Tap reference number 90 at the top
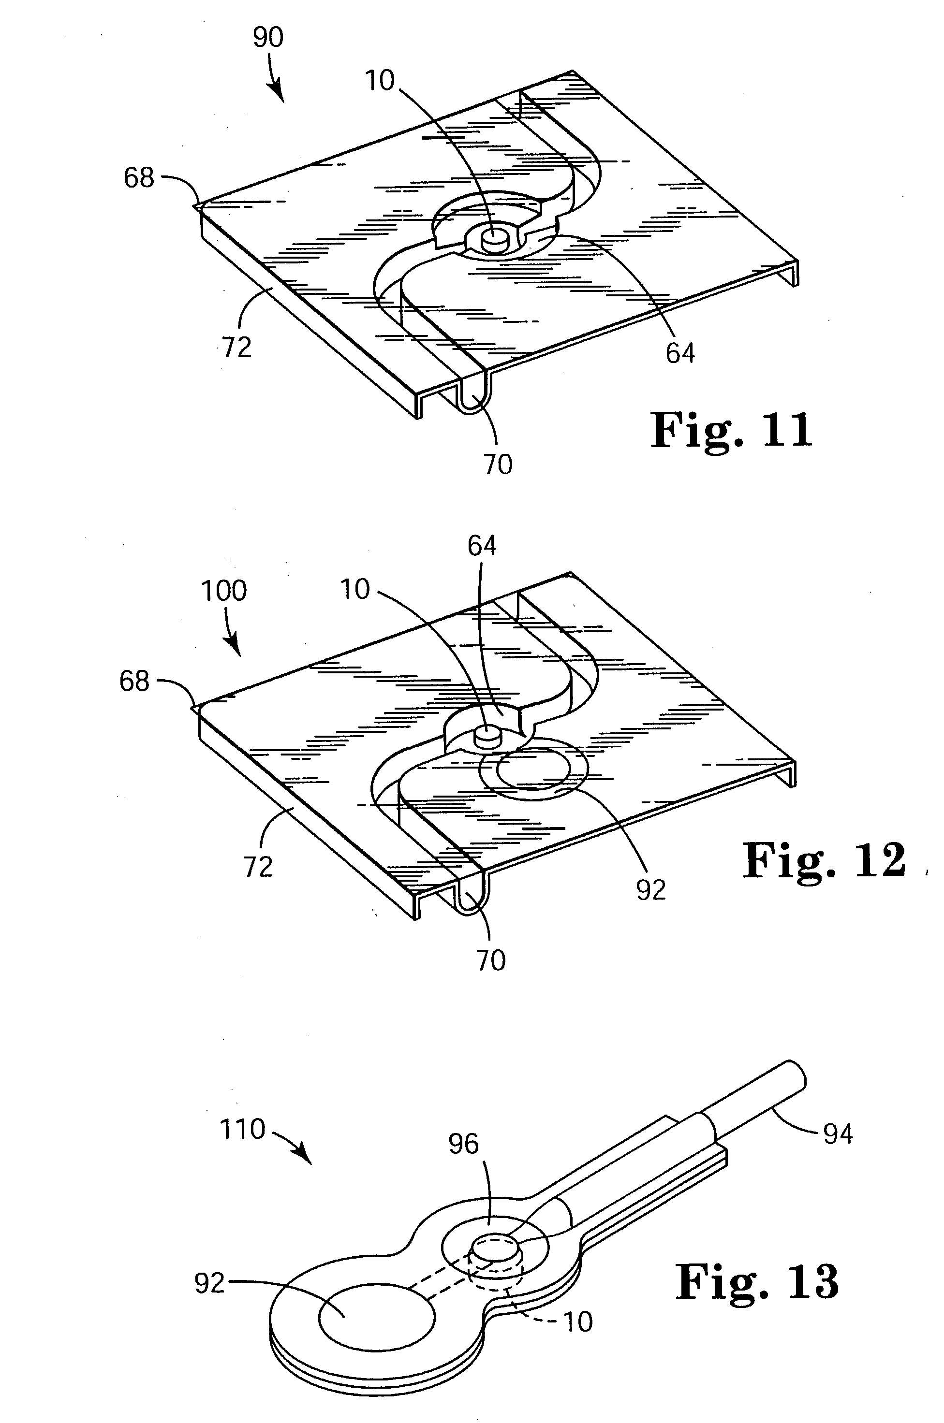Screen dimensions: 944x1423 tap(268, 37)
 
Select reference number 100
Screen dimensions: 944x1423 tap(223, 591)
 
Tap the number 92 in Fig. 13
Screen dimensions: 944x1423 tap(209, 1284)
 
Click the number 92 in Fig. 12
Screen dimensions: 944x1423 tap(651, 890)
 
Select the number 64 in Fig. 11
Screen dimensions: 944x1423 tap(680, 353)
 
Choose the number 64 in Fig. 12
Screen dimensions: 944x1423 tap(482, 546)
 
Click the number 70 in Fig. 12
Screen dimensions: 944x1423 tap(491, 961)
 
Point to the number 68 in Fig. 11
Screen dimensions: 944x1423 tap(139, 178)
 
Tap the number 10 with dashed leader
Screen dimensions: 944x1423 tap(577, 1322)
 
